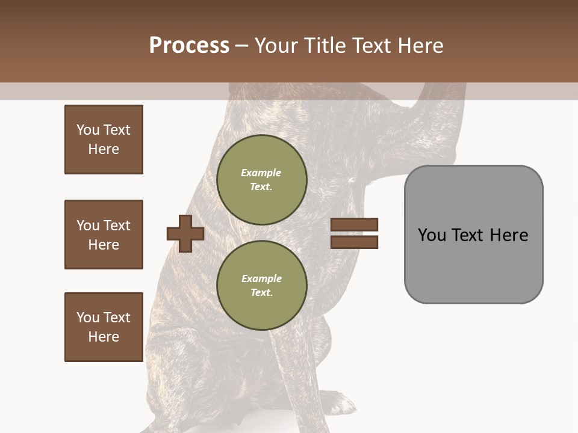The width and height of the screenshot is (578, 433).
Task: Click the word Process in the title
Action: click(189, 46)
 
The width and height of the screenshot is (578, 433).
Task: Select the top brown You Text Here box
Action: click(104, 140)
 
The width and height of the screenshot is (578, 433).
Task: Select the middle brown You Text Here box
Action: click(104, 235)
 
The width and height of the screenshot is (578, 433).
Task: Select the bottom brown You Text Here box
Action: click(104, 327)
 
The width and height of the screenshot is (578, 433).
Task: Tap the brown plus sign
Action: click(185, 233)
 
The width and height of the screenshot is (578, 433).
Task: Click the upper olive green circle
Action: click(261, 180)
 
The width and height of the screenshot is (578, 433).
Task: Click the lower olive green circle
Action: click(261, 286)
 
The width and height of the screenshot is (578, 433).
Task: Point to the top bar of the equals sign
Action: click(354, 225)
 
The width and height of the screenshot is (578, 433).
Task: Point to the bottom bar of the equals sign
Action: click(354, 242)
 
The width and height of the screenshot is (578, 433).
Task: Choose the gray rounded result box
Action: click(473, 265)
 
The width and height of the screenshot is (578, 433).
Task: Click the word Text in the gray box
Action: click(468, 235)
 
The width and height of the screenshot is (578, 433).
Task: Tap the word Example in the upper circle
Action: click(261, 173)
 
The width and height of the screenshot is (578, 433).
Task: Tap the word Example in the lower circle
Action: click(261, 279)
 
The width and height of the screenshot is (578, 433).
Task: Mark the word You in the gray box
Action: click(432, 235)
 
